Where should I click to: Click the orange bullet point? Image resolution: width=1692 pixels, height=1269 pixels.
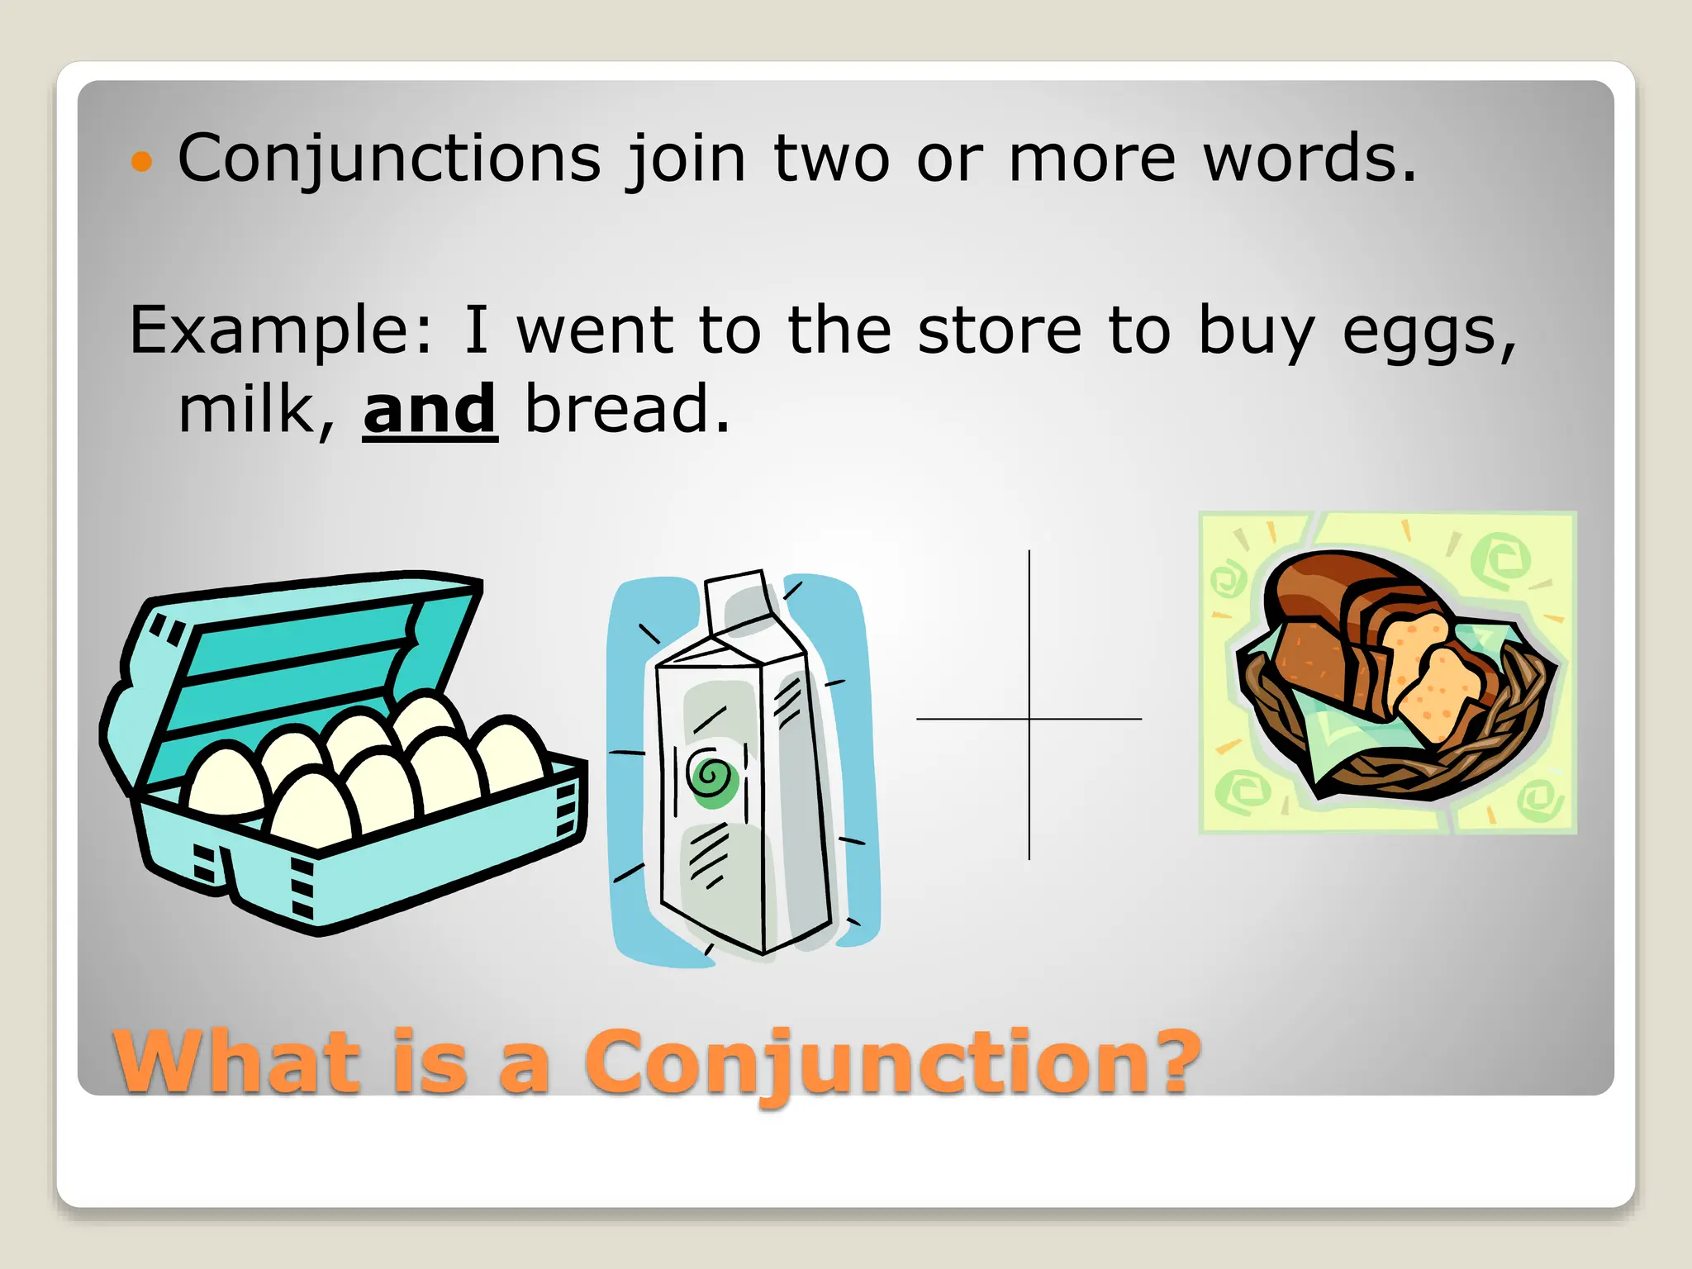click(x=142, y=161)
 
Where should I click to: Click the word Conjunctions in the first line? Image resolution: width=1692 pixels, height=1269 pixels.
click(x=389, y=159)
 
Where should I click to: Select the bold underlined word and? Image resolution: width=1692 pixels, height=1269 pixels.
click(x=430, y=411)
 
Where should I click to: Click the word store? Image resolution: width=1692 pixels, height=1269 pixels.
click(x=1000, y=330)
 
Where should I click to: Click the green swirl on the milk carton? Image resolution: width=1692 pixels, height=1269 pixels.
click(x=711, y=777)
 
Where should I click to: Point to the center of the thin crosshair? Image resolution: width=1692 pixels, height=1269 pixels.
click(x=1029, y=719)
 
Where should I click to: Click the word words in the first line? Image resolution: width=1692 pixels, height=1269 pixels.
click(x=1309, y=159)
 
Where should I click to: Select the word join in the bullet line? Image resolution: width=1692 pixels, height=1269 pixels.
click(x=687, y=159)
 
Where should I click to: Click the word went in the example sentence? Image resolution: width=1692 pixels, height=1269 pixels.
click(x=596, y=330)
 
